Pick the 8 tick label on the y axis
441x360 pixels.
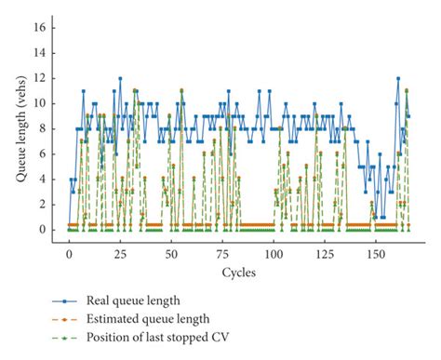coord(40,128)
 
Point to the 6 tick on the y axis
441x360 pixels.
coord(40,153)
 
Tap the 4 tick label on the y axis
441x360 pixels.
coord(40,179)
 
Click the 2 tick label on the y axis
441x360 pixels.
coord(40,204)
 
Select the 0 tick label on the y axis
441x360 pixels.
coord(40,229)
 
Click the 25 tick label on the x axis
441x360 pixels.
coord(120,254)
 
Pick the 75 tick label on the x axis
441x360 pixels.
coord(222,254)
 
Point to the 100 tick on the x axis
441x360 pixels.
coord(274,254)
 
